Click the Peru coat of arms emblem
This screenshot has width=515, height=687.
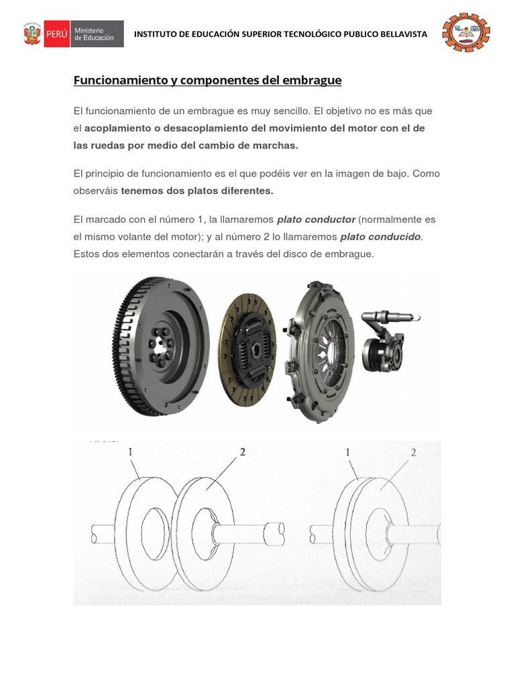32,34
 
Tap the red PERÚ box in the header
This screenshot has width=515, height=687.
56,34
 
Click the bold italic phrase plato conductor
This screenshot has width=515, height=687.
316,219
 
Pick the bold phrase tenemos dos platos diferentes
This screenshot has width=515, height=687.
197,191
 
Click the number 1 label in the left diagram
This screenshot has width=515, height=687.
132,452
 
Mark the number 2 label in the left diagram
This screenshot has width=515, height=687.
243,452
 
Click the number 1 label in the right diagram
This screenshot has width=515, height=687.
349,453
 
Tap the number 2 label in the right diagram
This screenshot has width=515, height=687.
414,453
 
